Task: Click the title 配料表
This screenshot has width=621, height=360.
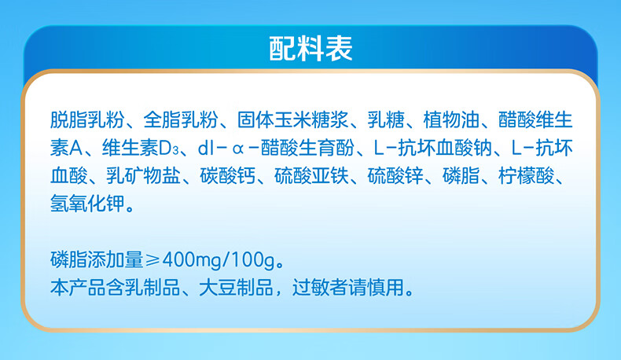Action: (310, 48)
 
